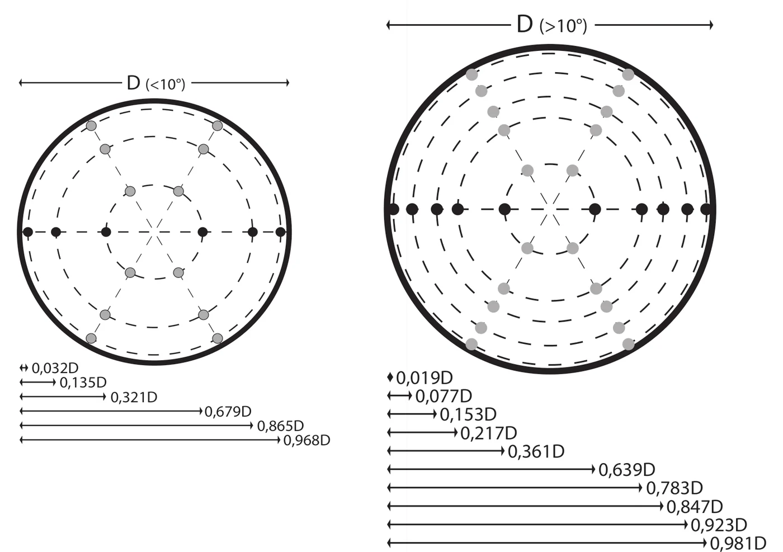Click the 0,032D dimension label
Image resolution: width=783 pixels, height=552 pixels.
pos(55,368)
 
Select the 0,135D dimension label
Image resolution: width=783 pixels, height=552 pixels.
pos(83,383)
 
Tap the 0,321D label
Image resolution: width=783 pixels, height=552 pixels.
pos(134,398)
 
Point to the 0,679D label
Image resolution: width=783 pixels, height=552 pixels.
pos(228,412)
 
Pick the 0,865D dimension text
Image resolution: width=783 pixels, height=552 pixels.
pos(280,426)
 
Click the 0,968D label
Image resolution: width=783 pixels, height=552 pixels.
pos(306,441)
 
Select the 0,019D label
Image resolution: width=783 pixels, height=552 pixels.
pos(424,378)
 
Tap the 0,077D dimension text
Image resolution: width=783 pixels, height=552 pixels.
pos(444,397)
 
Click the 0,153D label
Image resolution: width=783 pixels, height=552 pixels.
pos(468,414)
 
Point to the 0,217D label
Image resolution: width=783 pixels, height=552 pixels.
pos(489,433)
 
